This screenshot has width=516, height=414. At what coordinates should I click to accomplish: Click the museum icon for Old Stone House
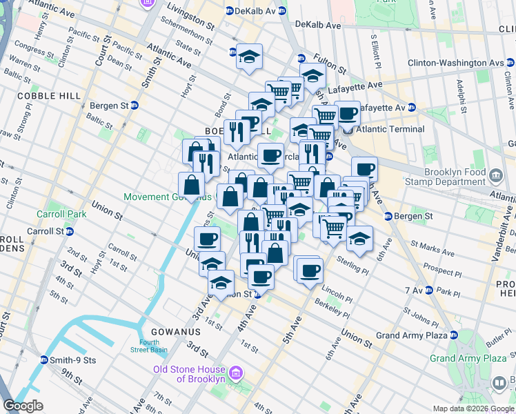click(237, 373)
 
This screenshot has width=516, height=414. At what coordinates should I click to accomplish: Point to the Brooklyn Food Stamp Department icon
click(495, 173)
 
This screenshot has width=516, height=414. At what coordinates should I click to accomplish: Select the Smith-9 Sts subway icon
click(44, 359)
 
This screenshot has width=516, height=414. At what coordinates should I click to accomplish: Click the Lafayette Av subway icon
click(411, 108)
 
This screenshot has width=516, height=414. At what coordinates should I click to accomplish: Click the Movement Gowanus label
click(166, 197)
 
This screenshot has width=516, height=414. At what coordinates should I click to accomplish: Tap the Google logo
click(23, 406)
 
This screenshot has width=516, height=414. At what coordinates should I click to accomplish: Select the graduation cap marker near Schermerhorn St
click(248, 57)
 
